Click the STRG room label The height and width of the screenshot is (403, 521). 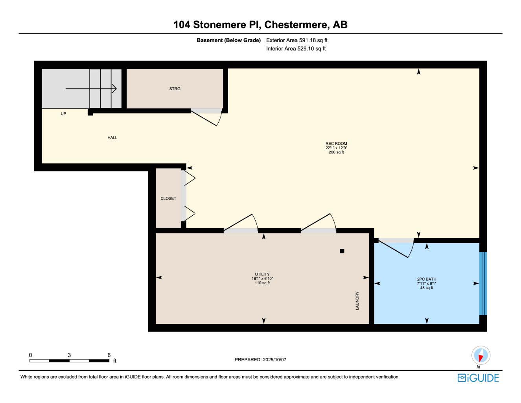[175, 89]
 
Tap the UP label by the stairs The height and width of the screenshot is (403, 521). [63, 114]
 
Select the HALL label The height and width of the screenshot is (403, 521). [112, 137]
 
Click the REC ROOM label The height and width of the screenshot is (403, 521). [336, 144]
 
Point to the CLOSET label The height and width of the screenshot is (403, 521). [168, 198]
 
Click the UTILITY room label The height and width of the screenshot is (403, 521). [262, 274]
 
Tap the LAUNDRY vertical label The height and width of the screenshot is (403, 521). [357, 300]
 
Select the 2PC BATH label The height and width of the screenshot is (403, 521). [427, 279]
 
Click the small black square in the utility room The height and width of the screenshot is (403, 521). [342, 251]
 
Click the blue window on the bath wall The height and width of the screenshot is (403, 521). [483, 283]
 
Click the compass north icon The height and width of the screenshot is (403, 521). [480, 356]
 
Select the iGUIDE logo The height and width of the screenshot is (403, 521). [478, 378]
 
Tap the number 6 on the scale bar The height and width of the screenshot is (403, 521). [109, 355]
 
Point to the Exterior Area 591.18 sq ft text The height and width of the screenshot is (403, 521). [296, 40]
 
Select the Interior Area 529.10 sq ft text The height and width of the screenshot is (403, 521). [296, 49]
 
